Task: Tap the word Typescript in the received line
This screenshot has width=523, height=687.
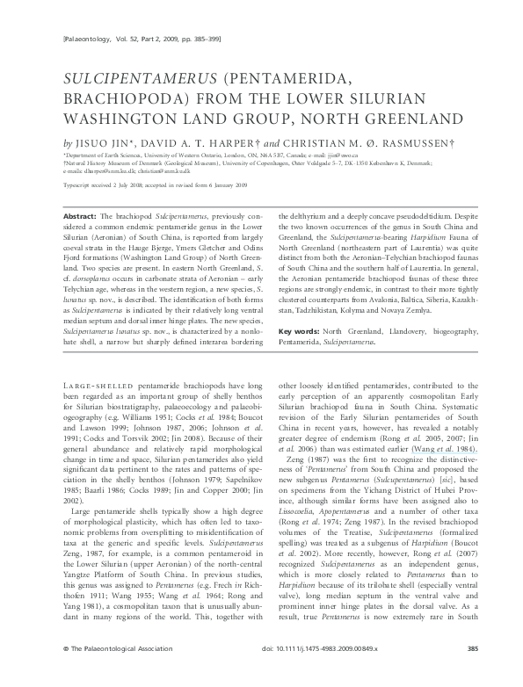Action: tap(78, 186)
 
